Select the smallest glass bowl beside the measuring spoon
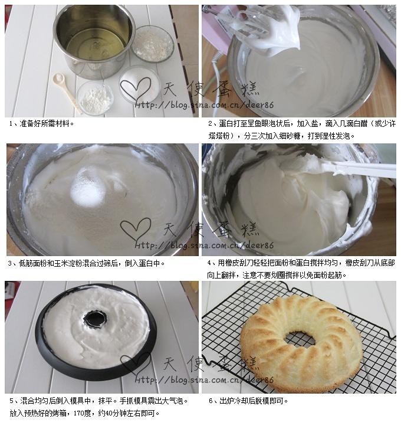pyautogui.click(x=94, y=98)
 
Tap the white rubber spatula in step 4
pyautogui.click(x=354, y=169)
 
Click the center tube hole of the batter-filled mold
pyautogui.click(x=94, y=319)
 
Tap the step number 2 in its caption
pyautogui.click(x=210, y=124)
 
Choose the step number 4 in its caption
pyautogui.click(x=210, y=264)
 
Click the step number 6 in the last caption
pyautogui.click(x=210, y=401)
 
